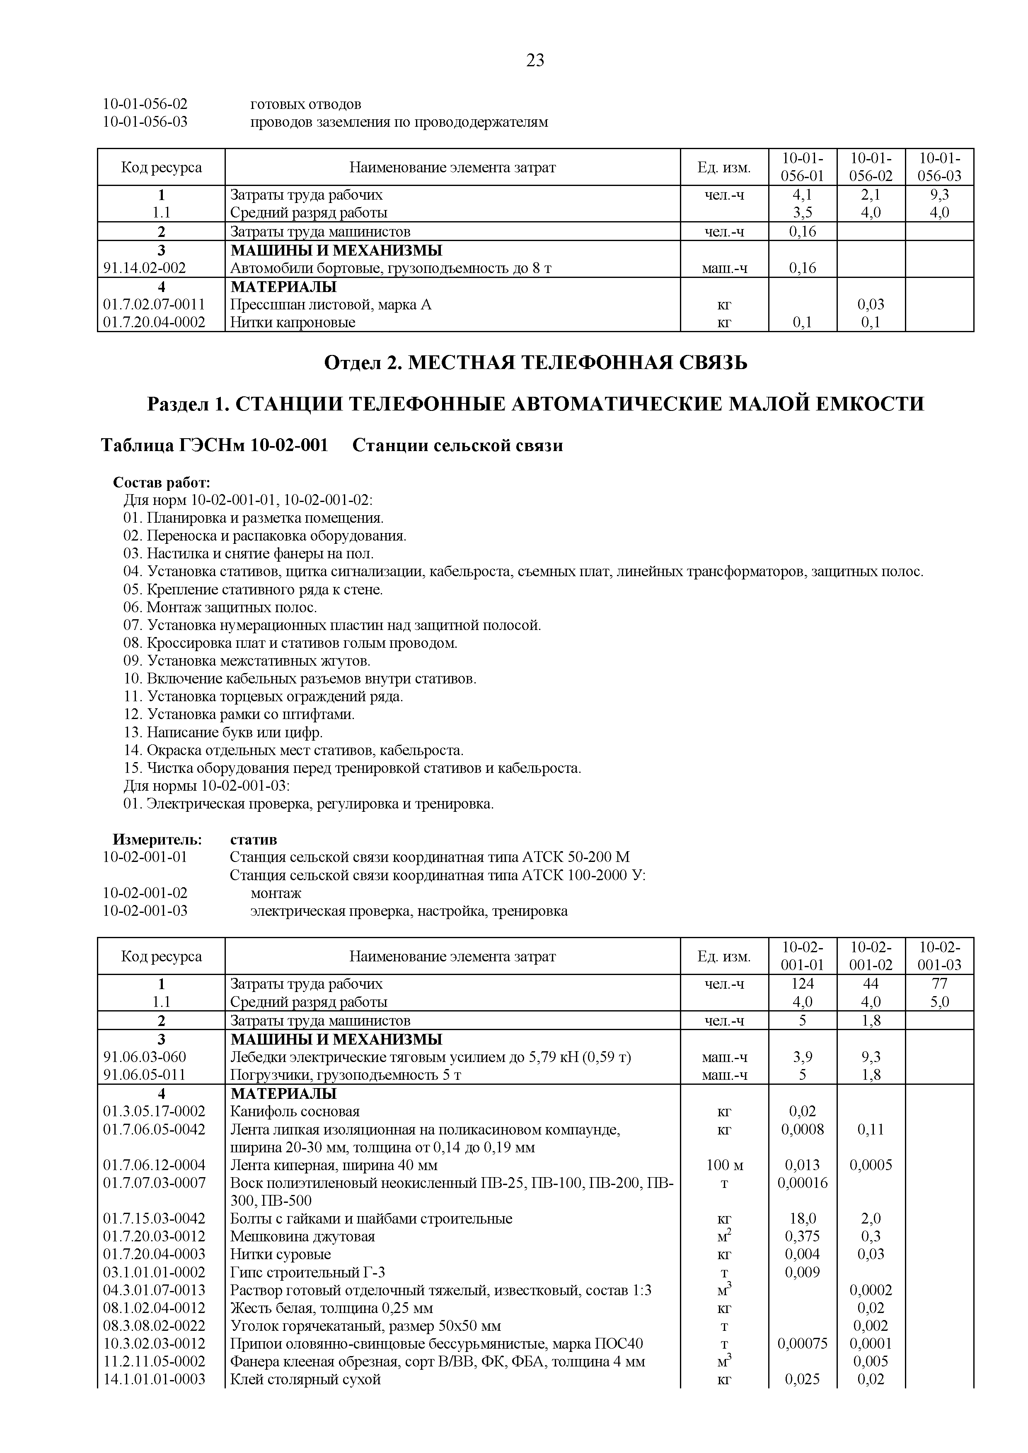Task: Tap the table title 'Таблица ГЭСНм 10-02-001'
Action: click(215, 446)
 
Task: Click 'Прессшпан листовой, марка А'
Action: click(330, 304)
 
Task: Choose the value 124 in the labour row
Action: click(802, 984)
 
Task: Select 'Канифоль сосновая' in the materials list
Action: click(295, 1111)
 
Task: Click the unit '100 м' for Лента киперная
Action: click(724, 1165)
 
